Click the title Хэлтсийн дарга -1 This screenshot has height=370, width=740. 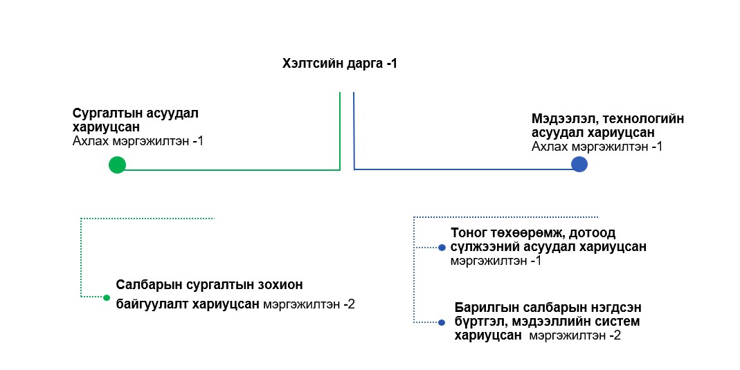(x=339, y=64)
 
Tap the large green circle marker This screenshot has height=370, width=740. (x=117, y=165)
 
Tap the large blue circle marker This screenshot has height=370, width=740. (x=579, y=164)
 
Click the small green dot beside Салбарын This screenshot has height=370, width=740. (x=107, y=298)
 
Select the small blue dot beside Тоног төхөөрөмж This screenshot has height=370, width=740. (x=442, y=248)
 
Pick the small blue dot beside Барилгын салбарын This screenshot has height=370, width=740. (x=442, y=322)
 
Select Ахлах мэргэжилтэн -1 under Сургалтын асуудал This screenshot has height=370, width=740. (x=138, y=141)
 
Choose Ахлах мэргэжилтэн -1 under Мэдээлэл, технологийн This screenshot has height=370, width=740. (x=597, y=147)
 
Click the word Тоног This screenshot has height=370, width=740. (x=469, y=232)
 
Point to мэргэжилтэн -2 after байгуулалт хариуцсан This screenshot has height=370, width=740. (x=309, y=304)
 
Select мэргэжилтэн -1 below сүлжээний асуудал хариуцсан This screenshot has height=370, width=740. (x=496, y=261)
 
